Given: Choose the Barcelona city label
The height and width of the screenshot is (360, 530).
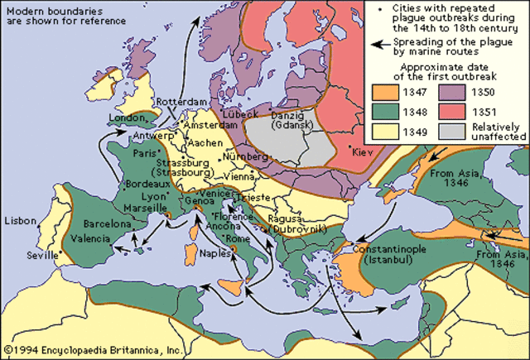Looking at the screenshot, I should click(105, 224).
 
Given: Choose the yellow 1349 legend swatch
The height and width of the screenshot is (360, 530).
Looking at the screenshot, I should click(383, 131).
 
